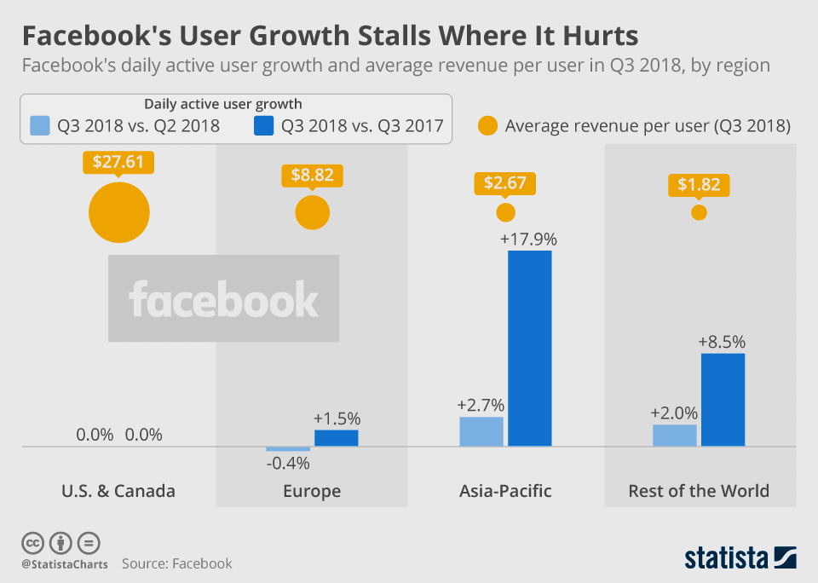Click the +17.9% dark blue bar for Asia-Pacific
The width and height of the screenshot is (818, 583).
coord(530,348)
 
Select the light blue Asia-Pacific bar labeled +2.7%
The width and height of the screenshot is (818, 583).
coord(481,431)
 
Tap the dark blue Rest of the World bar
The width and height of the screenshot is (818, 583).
coord(723,399)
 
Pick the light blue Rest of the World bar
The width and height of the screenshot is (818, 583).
coord(675,435)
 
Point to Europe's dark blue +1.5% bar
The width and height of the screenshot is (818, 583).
coord(336,437)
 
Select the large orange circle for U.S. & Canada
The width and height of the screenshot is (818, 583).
coord(119,212)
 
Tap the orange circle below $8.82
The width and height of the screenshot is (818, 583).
coord(312,212)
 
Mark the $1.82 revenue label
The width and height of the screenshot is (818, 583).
coord(699,185)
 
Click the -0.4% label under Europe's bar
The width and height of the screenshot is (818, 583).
coord(288,464)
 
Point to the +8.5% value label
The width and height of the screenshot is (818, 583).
coord(722,342)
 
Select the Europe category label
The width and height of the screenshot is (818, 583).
coord(312,491)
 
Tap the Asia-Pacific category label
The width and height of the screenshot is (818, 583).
coord(505,491)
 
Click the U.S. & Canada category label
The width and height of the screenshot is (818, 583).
coord(118,491)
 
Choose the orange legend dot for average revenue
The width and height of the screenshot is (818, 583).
coord(487,126)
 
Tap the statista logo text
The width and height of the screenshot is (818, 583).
coord(727,558)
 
